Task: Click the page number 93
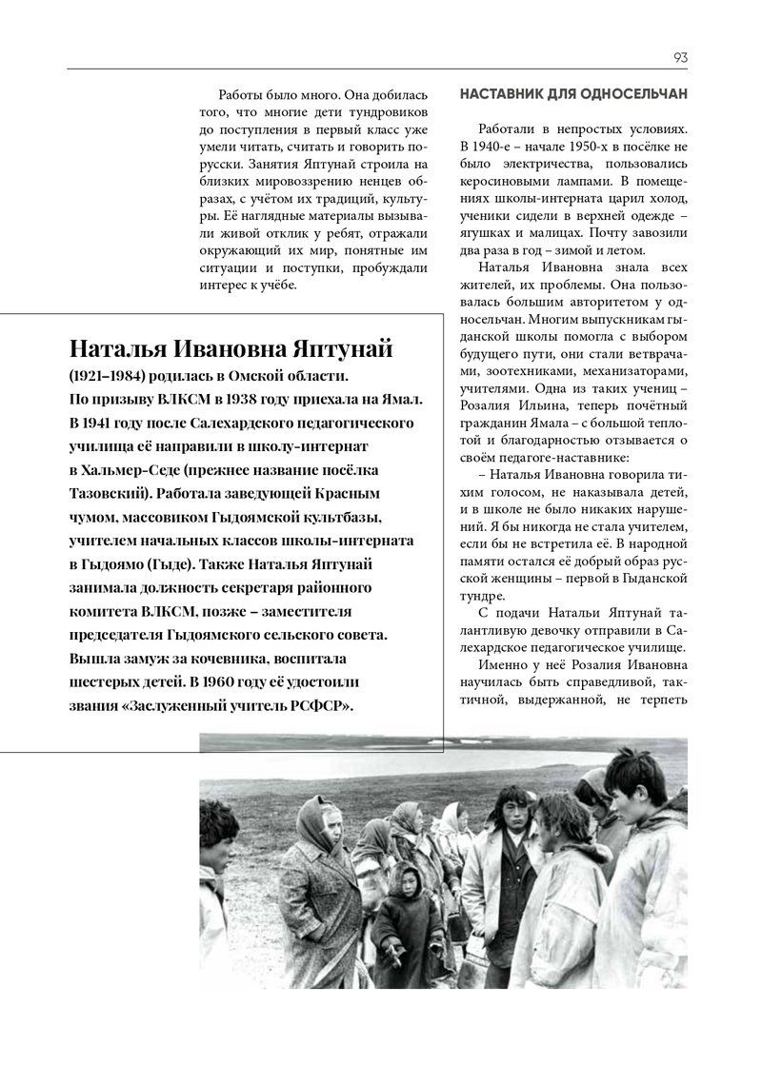click(x=680, y=57)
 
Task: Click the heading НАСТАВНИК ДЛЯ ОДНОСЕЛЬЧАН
click(x=573, y=96)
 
